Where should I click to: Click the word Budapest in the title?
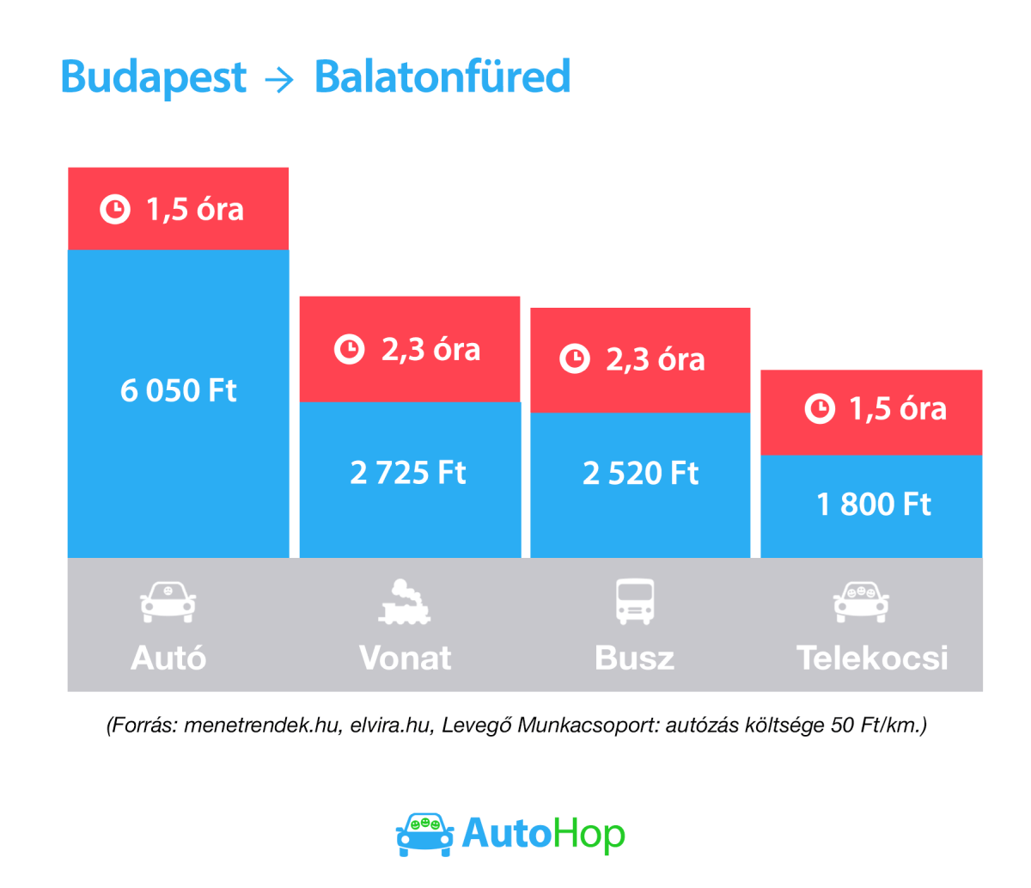pos(153,77)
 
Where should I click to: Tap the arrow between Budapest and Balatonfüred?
pos(279,80)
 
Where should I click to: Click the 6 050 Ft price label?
pos(178,391)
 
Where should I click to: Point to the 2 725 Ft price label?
pos(408,473)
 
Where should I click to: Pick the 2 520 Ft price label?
pos(640,474)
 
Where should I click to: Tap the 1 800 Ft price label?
pos(873,505)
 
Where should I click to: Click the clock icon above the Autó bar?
pos(115,210)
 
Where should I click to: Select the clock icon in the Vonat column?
pos(349,350)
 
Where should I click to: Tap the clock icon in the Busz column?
pos(575,358)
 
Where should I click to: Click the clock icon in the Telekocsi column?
pos(820,408)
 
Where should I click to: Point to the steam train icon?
pos(404,602)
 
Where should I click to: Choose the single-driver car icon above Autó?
pos(168,602)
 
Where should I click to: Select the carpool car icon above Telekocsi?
pos(861,602)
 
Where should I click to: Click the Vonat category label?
pos(405,658)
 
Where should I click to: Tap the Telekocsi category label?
pos(872,658)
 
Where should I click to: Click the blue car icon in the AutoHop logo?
pos(424,833)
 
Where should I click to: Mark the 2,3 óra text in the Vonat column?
pos(430,350)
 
